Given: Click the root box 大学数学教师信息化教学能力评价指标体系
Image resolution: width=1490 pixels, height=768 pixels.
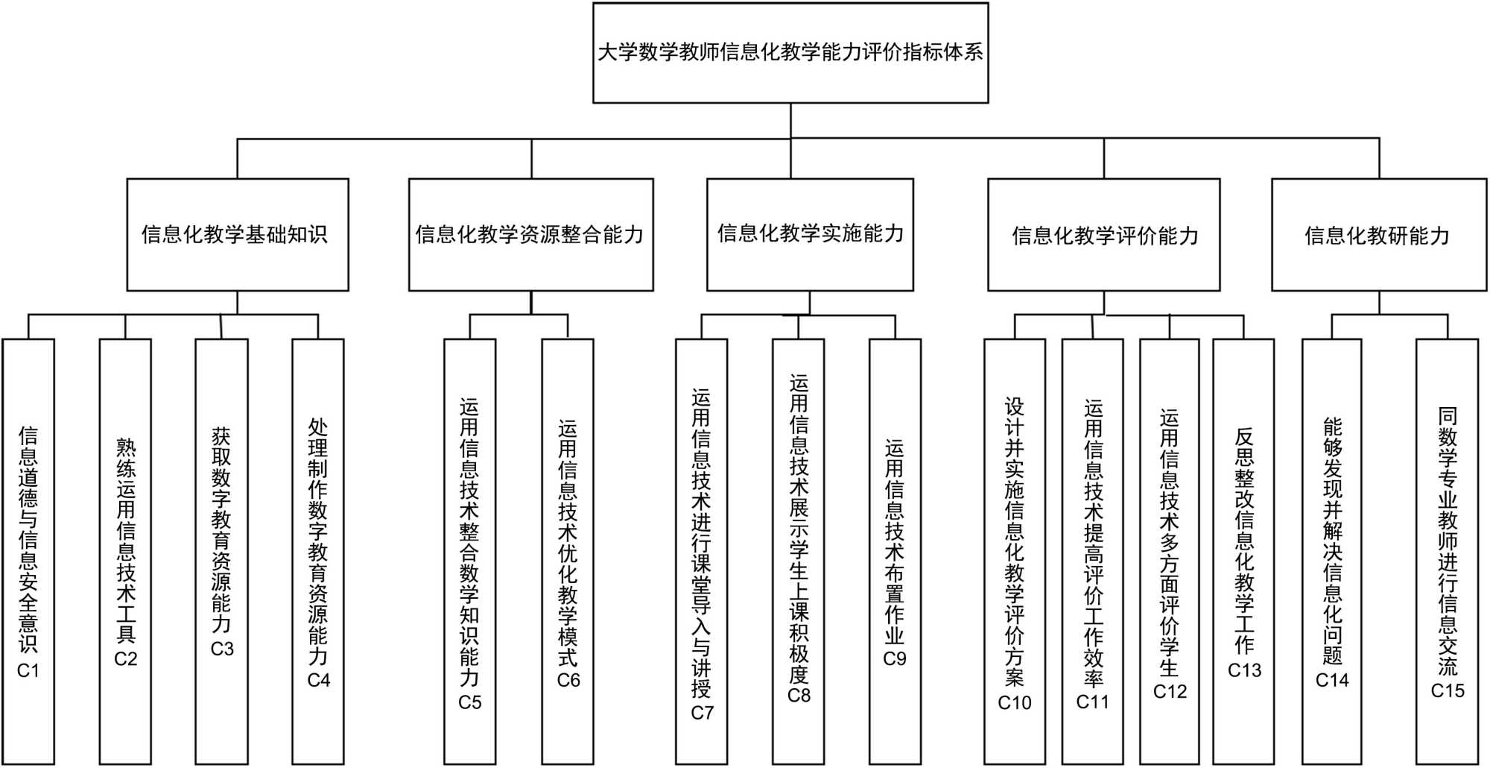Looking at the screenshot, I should pos(790,52).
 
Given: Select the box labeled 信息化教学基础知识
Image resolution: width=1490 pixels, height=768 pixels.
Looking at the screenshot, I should pos(237,234).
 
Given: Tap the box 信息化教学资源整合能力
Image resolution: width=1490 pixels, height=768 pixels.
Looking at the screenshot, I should pos(530,234).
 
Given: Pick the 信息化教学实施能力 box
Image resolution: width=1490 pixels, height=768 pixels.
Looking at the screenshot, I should pos(810,234).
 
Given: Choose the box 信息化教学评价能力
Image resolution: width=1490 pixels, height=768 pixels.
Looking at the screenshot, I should pos(1103,234).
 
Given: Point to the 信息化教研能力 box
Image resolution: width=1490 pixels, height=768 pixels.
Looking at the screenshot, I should pos(1378,234).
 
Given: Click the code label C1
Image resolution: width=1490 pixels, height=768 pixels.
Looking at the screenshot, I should pos(28,670).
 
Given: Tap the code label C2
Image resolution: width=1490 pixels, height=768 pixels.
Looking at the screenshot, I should pos(125,658).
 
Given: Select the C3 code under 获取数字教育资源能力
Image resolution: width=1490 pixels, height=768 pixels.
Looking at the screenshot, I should pos(222,649).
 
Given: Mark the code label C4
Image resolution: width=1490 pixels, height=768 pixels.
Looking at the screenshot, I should pos(318,680).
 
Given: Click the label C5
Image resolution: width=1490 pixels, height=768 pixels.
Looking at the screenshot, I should pos(469,702).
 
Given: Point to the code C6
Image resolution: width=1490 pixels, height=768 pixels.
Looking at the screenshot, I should pos(568,680).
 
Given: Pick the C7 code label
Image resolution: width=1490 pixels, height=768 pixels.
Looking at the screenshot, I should pos(702,713).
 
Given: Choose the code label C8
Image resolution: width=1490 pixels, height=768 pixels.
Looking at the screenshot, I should pos(799,695).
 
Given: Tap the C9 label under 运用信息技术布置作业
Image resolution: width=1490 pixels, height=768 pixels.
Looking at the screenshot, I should pos(894,658).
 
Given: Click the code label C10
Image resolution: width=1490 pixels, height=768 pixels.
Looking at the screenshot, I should pos(1014,702).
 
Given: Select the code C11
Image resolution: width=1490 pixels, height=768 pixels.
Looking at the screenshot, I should pos(1092,701).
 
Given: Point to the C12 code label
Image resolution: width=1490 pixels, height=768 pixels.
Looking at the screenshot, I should pos(1170,691).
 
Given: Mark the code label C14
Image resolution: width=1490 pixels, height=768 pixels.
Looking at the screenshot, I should pos(1331,680).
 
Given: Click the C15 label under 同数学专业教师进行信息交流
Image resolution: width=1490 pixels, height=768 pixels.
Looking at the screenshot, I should pos(1447,690).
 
